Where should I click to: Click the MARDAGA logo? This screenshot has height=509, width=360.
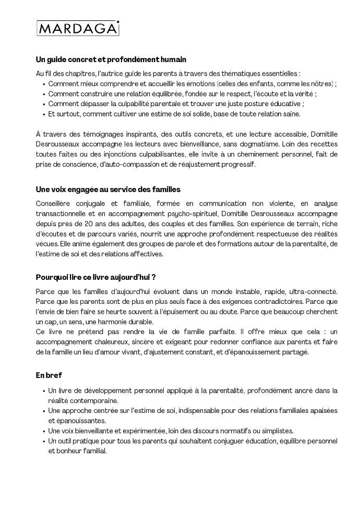point(78,28)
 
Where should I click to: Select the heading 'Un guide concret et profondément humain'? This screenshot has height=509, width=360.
point(111,60)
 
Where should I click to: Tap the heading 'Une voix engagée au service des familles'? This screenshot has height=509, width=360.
point(108,189)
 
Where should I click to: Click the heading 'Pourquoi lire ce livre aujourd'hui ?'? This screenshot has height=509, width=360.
point(96,277)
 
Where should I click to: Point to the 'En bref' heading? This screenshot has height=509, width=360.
point(49,375)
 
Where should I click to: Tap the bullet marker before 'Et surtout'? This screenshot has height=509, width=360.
point(43,114)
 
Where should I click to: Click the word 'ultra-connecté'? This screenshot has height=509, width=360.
point(313,291)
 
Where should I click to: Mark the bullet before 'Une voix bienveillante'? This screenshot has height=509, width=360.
point(43,431)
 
